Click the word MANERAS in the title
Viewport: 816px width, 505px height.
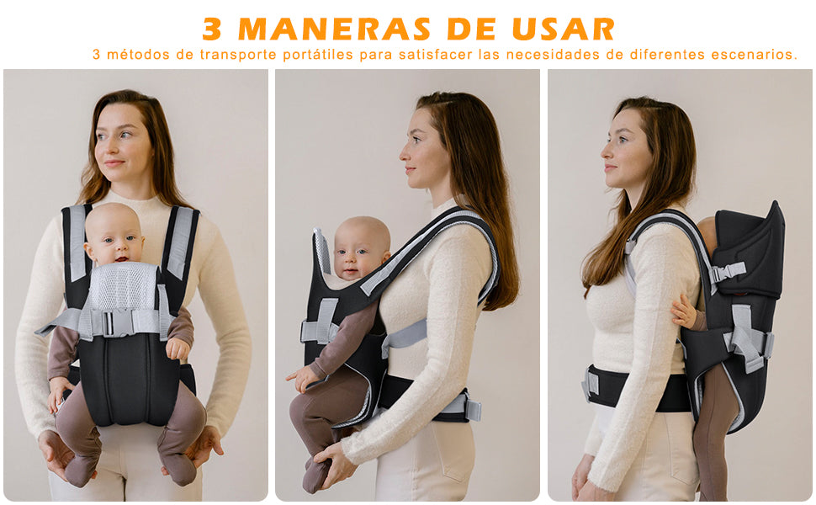[x=334, y=29]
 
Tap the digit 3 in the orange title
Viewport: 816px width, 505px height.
[x=212, y=29]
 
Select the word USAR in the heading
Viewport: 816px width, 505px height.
[x=564, y=29]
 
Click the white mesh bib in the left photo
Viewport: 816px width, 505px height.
[x=123, y=287]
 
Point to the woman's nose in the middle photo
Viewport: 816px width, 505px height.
[x=404, y=151]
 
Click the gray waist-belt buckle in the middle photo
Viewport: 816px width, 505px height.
[x=470, y=409]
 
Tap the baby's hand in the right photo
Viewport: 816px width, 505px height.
[x=683, y=311]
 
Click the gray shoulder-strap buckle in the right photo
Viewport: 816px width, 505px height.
[x=728, y=272]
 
